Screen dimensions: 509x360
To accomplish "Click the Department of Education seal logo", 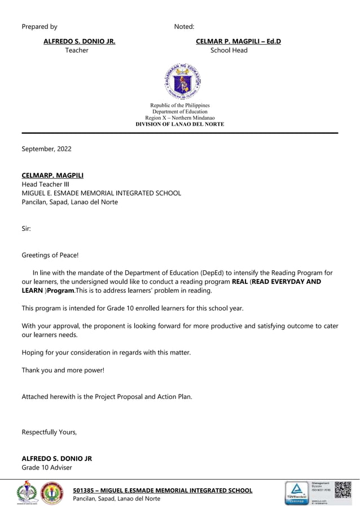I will (180, 81).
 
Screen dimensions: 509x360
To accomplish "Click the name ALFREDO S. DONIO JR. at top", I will (80, 41).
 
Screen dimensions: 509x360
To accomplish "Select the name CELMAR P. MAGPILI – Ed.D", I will (238, 41).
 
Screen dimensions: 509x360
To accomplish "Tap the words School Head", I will (229, 50).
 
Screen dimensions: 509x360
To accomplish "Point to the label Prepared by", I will (39, 27).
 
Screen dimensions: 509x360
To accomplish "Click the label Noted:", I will (184, 27).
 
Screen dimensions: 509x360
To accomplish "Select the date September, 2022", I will (46, 149).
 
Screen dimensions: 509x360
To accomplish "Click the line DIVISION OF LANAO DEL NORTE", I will (180, 124).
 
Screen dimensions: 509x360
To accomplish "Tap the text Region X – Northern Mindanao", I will (180, 117).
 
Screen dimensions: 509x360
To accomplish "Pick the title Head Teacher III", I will (45, 184).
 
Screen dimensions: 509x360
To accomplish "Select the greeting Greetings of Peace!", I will (50, 255).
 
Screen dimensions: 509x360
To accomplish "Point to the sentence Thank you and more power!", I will (63, 370).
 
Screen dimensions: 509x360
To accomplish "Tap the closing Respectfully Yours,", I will (49, 432).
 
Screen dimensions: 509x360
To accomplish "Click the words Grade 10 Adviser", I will (47, 467).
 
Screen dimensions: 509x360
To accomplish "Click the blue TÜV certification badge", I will (296, 493).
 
